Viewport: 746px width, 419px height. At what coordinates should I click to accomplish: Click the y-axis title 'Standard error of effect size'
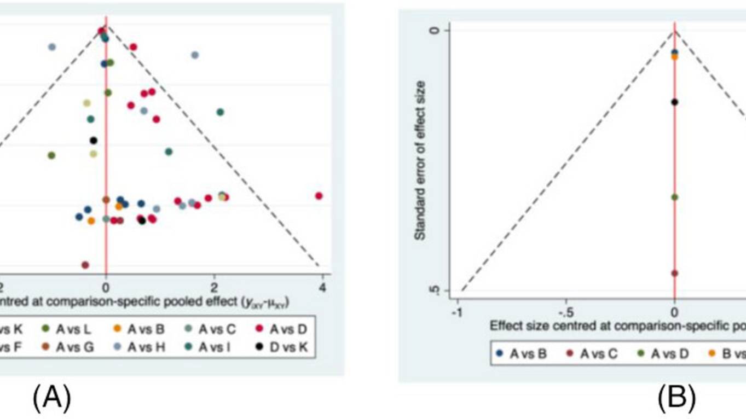420,160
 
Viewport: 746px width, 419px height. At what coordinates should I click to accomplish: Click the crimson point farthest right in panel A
319,196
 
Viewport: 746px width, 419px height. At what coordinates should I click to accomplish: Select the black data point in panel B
674,102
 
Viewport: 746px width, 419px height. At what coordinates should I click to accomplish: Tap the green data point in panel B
674,197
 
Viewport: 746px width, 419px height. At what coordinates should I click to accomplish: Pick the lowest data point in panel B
674,273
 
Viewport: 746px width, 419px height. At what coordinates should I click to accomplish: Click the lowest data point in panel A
85,265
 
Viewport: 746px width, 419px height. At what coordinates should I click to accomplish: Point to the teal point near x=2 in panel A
220,112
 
